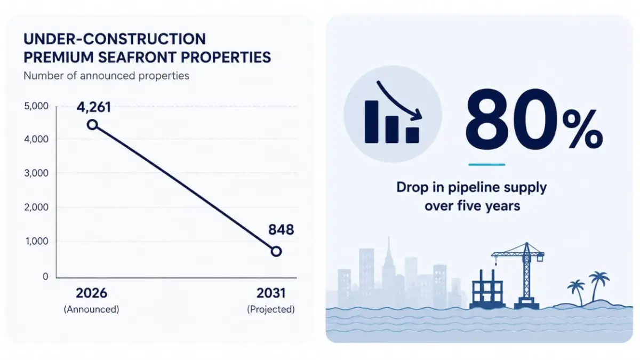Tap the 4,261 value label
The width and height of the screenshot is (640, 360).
[x=94, y=107]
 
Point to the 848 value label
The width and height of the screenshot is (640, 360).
[x=281, y=230]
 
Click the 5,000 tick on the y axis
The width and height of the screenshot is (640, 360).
[x=36, y=106]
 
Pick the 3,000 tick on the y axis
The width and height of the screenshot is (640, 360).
[x=36, y=173]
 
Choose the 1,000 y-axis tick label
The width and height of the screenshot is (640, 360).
[x=37, y=242]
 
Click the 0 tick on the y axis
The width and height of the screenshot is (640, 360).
[x=45, y=277]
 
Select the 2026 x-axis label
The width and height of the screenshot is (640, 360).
[x=91, y=293]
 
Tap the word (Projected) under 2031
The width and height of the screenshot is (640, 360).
[x=271, y=309]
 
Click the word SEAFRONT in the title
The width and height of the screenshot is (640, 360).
[x=137, y=58]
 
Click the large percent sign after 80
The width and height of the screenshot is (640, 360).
[x=583, y=130]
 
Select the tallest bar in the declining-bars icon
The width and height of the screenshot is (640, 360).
[x=371, y=122]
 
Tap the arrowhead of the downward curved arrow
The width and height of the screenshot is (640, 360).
[x=417, y=114]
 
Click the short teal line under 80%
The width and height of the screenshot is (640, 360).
[x=487, y=165]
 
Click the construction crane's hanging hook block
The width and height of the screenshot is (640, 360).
[x=495, y=262]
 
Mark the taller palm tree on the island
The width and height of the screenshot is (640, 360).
[x=598, y=286]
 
